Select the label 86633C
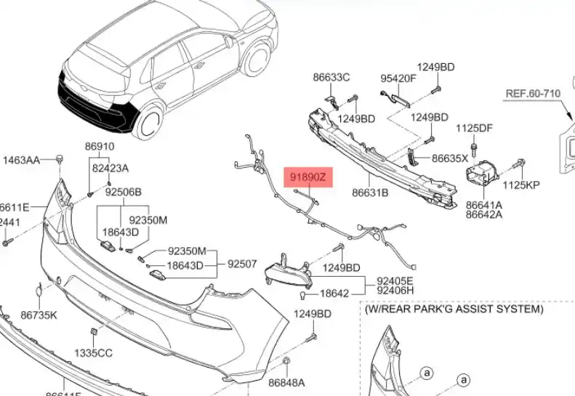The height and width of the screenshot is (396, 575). tap(331, 77)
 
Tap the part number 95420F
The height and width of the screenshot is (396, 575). tap(398, 78)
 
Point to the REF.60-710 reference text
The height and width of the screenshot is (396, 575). tap(535, 93)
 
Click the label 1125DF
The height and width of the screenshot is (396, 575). tap(474, 129)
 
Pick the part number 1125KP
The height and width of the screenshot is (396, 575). tap(521, 185)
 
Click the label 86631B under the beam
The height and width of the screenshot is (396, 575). tap(371, 193)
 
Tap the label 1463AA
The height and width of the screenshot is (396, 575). tap(23, 160)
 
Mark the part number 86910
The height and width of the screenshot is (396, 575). tap(100, 146)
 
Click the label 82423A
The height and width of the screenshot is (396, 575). tap(110, 168)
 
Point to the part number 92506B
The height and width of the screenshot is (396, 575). tap(123, 193)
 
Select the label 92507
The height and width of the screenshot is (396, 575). tap(242, 264)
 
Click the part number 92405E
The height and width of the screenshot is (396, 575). tap(394, 280)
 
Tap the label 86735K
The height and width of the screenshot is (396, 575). tap(39, 315)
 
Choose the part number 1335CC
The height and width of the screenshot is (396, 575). tap(95, 353)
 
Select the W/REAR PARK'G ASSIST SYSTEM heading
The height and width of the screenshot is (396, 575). tap(454, 310)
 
